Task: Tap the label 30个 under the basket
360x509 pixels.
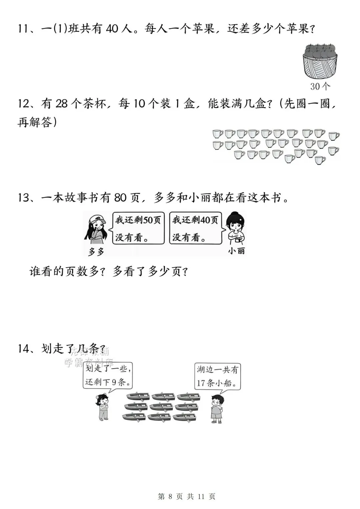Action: click(320, 86)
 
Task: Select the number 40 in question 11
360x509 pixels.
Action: click(112, 29)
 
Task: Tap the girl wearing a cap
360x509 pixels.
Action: click(97, 230)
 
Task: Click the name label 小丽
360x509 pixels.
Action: click(236, 251)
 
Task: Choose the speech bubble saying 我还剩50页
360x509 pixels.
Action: click(138, 228)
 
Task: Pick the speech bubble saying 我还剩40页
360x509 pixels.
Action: click(195, 228)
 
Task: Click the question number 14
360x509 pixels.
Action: click(25, 349)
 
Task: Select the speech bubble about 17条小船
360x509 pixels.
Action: click(218, 376)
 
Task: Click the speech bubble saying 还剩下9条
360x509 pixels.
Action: click(108, 375)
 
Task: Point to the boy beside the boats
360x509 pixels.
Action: click(217, 408)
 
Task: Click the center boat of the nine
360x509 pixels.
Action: click(161, 407)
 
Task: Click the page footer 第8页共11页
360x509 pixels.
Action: click(186, 496)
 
